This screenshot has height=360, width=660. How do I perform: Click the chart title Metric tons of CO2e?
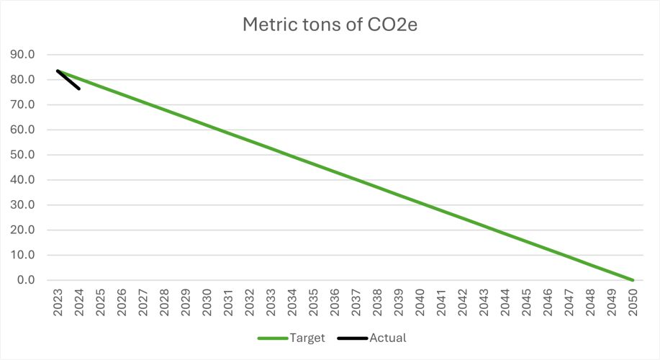[x=330, y=24]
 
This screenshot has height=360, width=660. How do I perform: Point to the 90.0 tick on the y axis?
[x=27, y=55]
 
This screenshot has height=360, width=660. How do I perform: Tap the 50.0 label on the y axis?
[x=27, y=155]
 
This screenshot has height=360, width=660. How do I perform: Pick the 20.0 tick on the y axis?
[x=27, y=230]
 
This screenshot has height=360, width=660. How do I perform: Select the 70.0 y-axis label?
[x=27, y=105]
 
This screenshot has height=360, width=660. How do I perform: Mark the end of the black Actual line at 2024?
[x=79, y=89]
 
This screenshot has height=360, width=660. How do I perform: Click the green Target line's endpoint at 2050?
[x=633, y=280]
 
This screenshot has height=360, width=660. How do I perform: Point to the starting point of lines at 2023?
[x=58, y=71]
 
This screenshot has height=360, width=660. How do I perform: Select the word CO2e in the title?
[x=393, y=24]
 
